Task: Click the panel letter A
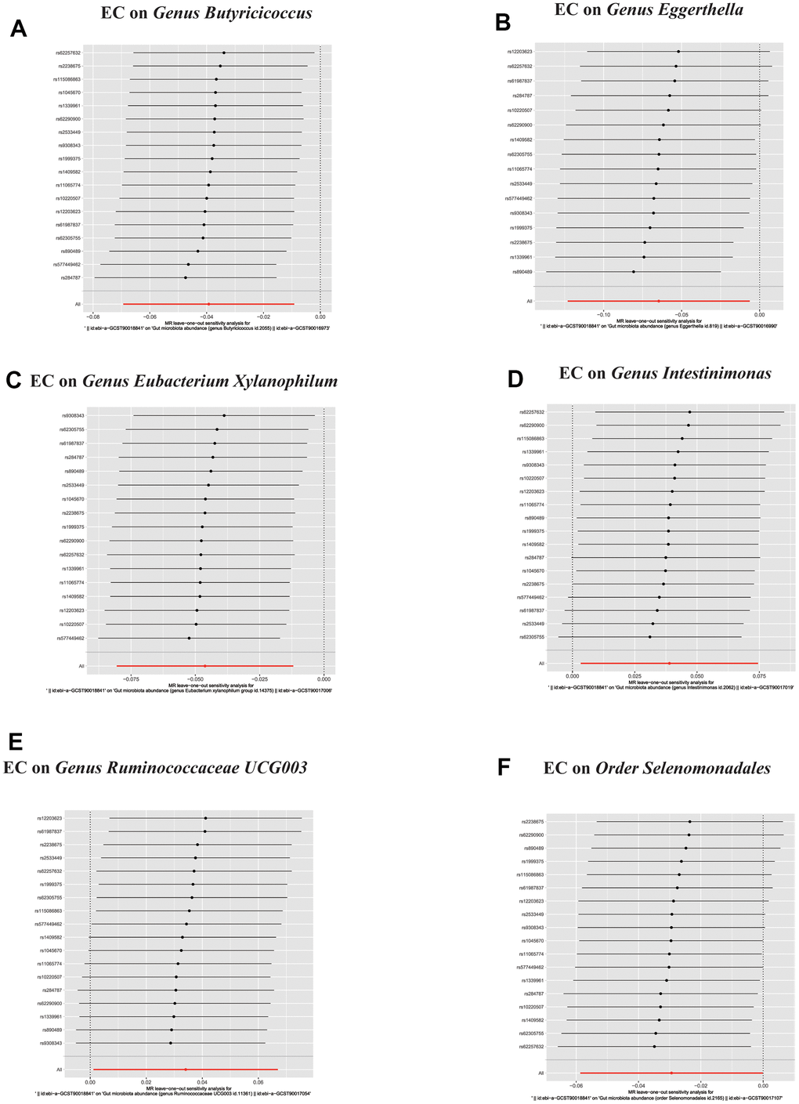click(18, 30)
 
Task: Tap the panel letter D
click(515, 379)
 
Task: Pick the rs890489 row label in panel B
click(522, 272)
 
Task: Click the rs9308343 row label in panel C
click(73, 415)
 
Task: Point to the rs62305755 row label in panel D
click(532, 637)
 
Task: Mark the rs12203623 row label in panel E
click(50, 818)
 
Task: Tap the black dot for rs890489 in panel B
click(633, 272)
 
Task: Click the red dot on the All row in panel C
click(205, 666)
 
